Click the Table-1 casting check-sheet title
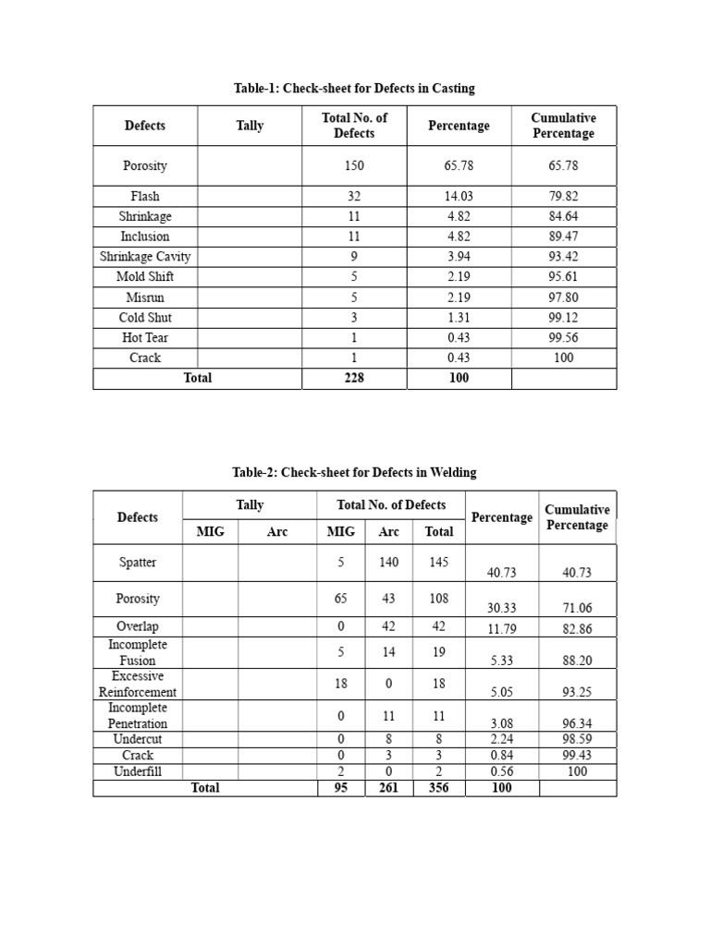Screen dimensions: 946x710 pyautogui.click(x=354, y=89)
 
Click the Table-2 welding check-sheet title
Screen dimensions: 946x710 pyautogui.click(x=354, y=472)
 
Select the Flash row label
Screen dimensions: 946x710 pyautogui.click(x=145, y=196)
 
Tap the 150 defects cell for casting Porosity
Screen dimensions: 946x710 pyautogui.click(x=353, y=166)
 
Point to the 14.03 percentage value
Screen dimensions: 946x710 pyautogui.click(x=459, y=196)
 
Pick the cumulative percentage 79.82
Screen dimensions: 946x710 pyautogui.click(x=563, y=196)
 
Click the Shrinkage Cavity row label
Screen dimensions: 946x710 pyautogui.click(x=145, y=257)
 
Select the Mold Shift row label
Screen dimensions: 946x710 pyautogui.click(x=145, y=276)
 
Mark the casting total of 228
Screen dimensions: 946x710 pyautogui.click(x=353, y=378)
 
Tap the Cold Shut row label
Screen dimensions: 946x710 pyautogui.click(x=145, y=317)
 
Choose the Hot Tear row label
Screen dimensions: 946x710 pyautogui.click(x=145, y=337)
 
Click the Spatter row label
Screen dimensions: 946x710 pyautogui.click(x=138, y=562)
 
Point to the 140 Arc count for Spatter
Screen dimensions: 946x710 pyautogui.click(x=388, y=562)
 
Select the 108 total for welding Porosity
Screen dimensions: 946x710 pyautogui.click(x=438, y=599)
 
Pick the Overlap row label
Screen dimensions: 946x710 pyautogui.click(x=138, y=626)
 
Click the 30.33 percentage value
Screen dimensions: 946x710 pyautogui.click(x=501, y=607)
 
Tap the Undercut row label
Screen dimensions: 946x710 pyautogui.click(x=138, y=739)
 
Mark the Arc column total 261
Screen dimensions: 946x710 pyautogui.click(x=388, y=788)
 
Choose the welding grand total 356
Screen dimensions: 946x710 pyautogui.click(x=438, y=788)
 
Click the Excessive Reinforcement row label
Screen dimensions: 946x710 pyautogui.click(x=138, y=684)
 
